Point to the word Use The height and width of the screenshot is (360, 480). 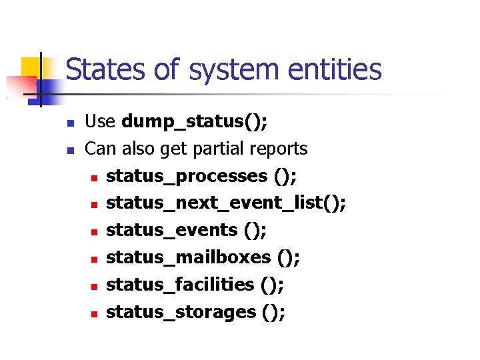(101, 122)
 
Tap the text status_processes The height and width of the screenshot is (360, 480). (187, 176)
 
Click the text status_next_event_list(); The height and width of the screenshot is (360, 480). (226, 203)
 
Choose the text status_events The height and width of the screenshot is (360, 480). (172, 230)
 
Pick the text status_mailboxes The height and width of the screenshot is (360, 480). (189, 257)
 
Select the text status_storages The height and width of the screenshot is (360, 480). (181, 311)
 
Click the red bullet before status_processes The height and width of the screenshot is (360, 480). (95, 178)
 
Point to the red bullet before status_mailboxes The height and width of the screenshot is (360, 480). (95, 259)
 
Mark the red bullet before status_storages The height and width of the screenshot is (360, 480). (95, 313)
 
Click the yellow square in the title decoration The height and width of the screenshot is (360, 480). (31, 68)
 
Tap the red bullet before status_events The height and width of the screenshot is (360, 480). (95, 232)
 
